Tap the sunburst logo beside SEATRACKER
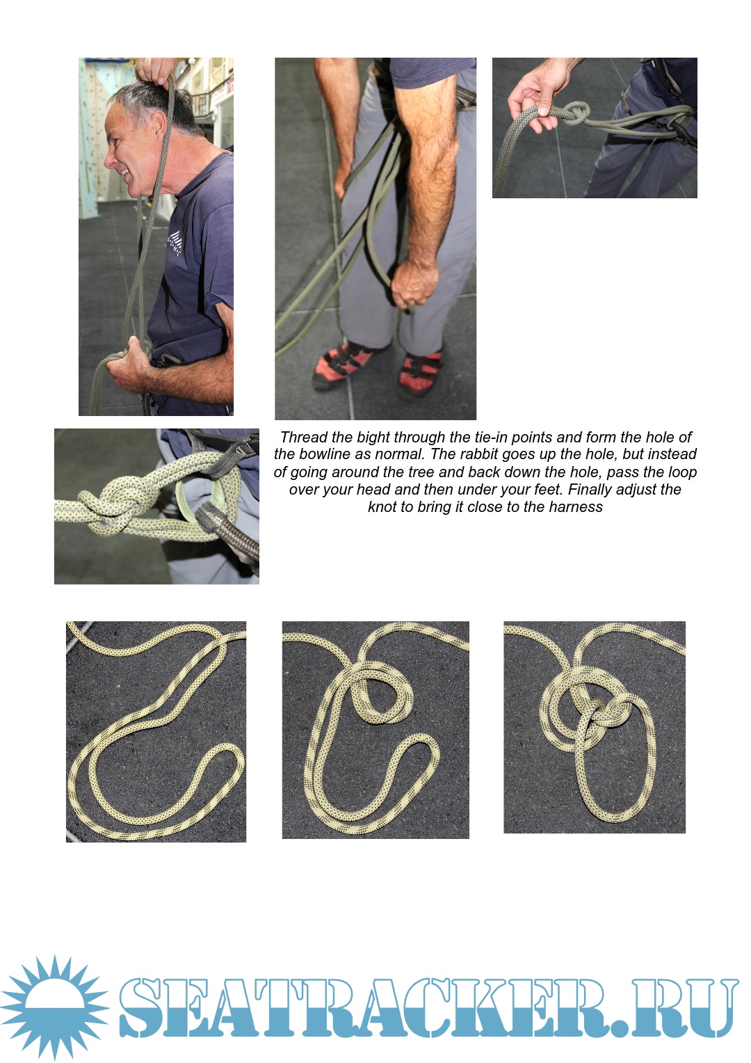tap(54, 1007)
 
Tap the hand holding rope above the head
tap(155, 71)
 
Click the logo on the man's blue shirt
tap(175, 241)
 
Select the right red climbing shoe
tap(420, 375)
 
